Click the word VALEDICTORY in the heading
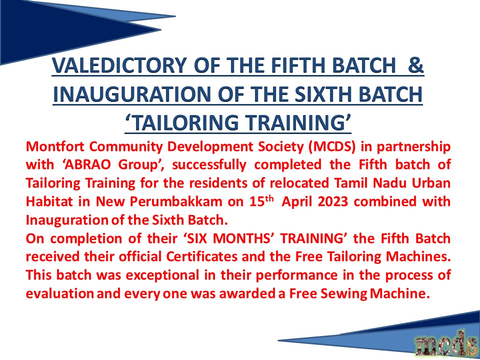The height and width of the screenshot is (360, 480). [119, 65]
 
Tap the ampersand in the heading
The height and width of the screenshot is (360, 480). [415, 65]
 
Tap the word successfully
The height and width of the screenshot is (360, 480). [209, 165]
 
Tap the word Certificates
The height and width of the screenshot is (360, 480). [201, 257]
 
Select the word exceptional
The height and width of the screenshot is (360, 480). [162, 275]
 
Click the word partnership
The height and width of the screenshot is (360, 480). [413, 147]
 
